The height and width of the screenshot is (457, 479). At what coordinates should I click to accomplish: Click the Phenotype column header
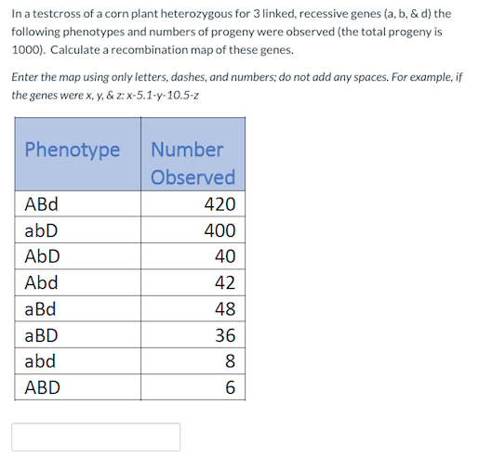click(73, 149)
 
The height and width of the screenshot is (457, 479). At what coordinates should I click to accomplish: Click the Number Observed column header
click(192, 163)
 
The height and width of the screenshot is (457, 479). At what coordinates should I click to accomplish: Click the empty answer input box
click(96, 437)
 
